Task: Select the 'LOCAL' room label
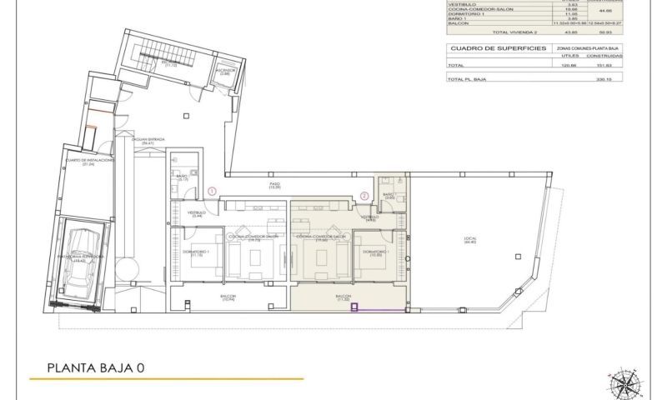click(x=470, y=239)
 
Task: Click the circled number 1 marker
click(x=213, y=191)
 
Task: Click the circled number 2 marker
click(x=364, y=196)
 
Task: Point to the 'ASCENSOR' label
click(x=226, y=72)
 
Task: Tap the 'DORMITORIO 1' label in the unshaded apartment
click(x=197, y=251)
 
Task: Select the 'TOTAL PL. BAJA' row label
click(x=467, y=79)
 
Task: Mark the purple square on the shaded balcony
click(x=354, y=307)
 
